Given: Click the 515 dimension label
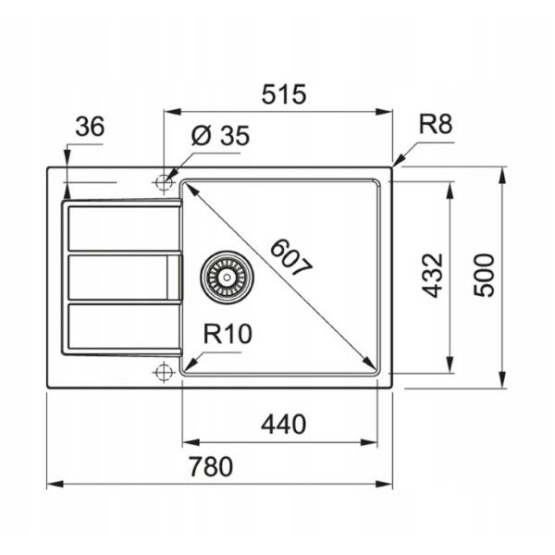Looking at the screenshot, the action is tap(284, 94).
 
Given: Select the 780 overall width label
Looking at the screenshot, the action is tap(211, 466).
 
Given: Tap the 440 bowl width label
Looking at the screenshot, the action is tap(284, 424).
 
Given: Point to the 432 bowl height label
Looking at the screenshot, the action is tap(433, 276).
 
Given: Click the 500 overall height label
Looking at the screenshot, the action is tap(484, 276).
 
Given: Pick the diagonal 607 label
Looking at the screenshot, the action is tap(291, 258).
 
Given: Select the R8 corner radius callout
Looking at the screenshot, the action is tap(436, 124).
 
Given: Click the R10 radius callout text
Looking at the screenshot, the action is tap(228, 333).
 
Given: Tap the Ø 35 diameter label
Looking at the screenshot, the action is tap(220, 135).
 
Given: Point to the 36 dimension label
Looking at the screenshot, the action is tap(90, 127).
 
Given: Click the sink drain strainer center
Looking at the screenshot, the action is tap(227, 277).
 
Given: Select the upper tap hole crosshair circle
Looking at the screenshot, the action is tap(164, 182).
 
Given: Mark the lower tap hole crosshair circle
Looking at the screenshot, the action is tap(164, 372).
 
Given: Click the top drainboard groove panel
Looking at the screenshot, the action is tap(124, 228).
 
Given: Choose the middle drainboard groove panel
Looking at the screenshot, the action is tap(124, 277).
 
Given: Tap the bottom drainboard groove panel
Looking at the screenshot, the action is tap(124, 327).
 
